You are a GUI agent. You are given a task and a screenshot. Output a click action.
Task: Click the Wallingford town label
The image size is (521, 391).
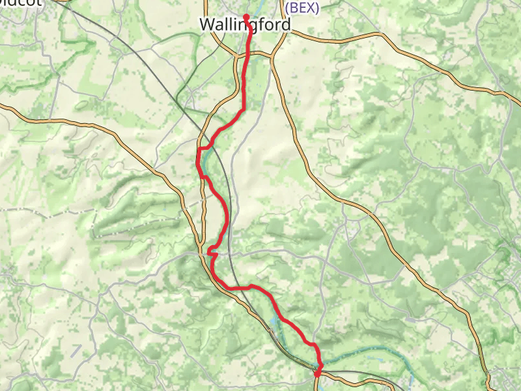(245, 25)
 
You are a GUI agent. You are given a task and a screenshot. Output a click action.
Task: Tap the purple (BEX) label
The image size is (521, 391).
(302, 8)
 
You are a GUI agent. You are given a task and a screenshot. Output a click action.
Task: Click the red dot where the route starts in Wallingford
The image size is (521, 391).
(246, 16)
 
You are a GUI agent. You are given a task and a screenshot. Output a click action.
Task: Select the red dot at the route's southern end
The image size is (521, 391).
(317, 373)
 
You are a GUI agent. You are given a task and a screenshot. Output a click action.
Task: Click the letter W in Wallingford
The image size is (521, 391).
(207, 25)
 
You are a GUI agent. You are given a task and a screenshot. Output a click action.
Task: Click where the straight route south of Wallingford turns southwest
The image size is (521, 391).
(243, 109)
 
